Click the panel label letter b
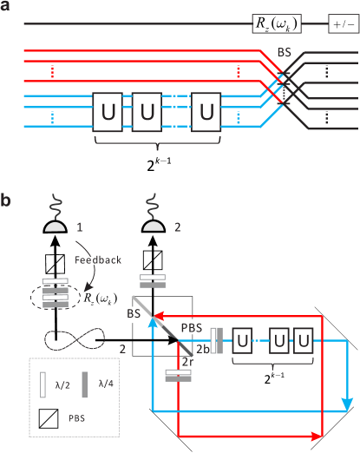click(6, 201)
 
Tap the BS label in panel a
click(284, 53)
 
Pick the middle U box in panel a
click(147, 111)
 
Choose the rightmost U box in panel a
click(206, 111)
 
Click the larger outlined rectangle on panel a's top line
click(276, 23)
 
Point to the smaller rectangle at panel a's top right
click(344, 23)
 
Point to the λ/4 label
click(105, 384)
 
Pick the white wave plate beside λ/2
click(43, 384)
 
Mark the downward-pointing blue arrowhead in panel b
click(347, 404)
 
